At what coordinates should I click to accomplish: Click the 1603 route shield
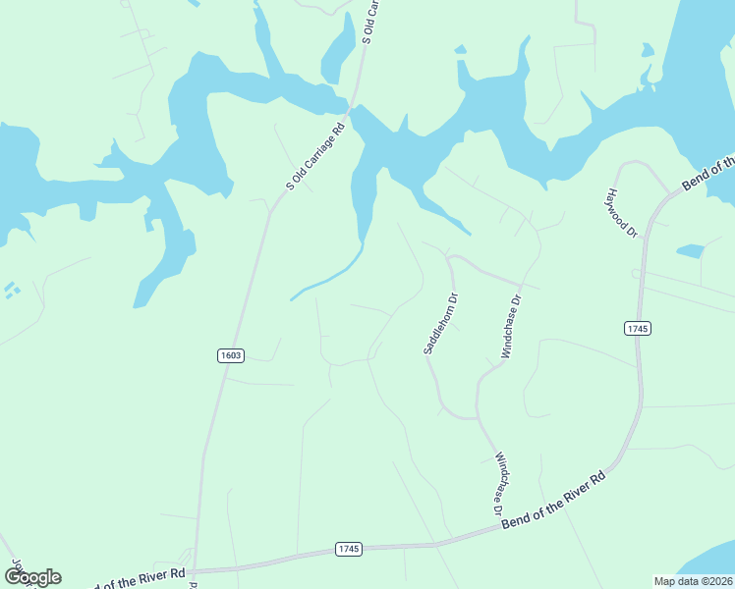[231, 355]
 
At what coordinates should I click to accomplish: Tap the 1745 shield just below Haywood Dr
[637, 328]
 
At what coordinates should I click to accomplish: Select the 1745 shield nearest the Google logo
[349, 548]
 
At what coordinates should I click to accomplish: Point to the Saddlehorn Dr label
[440, 323]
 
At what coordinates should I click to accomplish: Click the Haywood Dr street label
[624, 214]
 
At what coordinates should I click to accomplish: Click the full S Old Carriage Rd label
[316, 154]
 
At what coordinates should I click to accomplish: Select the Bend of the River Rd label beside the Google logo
[138, 578]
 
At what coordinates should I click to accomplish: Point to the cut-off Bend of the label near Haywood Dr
[708, 174]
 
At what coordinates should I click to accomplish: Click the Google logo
[32, 576]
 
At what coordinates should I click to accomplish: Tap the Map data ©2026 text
[693, 580]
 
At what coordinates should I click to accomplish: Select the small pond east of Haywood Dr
[691, 251]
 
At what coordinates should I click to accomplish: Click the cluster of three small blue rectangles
[11, 290]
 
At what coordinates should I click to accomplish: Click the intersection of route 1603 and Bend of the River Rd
[195, 570]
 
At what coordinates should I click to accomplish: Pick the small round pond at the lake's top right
[647, 49]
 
